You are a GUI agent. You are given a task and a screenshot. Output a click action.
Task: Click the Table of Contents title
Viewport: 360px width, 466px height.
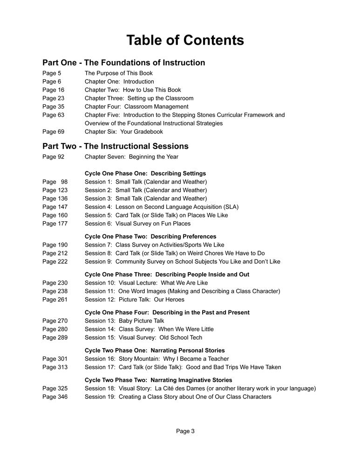click(185, 40)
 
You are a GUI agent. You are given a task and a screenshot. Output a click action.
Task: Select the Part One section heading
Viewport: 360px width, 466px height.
click(123, 62)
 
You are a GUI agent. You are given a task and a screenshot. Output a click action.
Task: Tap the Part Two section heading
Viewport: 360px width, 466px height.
click(115, 146)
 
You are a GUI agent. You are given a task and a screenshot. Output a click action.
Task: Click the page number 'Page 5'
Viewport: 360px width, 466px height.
click(51, 73)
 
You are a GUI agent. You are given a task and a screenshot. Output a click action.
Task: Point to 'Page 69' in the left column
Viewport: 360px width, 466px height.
click(53, 132)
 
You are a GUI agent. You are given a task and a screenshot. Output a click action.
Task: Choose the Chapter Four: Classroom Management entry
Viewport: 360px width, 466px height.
click(136, 107)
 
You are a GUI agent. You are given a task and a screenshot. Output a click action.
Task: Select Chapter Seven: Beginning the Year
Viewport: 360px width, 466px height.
click(131, 157)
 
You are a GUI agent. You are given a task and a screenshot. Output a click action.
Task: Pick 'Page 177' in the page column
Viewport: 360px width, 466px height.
click(55, 224)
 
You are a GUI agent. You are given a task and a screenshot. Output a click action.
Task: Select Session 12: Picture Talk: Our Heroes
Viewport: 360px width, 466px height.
click(134, 300)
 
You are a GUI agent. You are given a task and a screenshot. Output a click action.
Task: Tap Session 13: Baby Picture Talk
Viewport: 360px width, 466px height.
click(124, 321)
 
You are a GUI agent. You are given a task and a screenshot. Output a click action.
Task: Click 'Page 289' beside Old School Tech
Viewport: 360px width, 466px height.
click(55, 337)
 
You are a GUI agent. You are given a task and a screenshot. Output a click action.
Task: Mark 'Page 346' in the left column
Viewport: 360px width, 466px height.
click(55, 397)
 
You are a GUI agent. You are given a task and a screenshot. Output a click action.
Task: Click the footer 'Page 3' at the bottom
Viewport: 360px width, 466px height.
click(185, 431)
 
